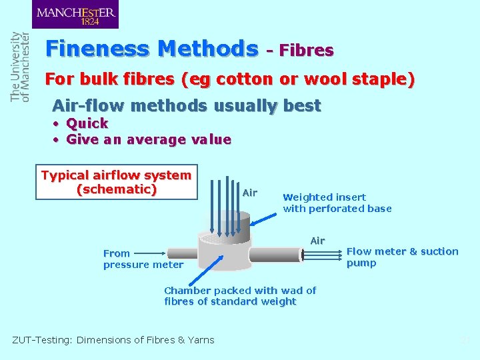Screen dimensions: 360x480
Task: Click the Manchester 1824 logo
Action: tap(75, 15)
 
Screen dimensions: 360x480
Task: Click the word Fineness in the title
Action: tap(99, 49)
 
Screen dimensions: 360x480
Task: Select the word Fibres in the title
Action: tap(306, 50)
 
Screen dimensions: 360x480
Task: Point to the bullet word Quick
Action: tap(87, 123)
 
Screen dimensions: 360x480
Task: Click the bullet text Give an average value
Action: tap(149, 140)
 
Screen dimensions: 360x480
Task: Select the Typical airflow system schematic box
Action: tap(117, 182)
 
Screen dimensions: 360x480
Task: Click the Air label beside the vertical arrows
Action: tap(250, 193)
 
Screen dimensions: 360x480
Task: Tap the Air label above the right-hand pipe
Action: tap(317, 241)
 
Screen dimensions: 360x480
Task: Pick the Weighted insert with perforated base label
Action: tap(337, 203)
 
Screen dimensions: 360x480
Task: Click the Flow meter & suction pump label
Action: tap(402, 257)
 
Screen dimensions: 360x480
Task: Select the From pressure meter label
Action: tap(143, 259)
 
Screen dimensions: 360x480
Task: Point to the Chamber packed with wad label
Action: tap(240, 296)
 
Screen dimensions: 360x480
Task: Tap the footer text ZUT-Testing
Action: tap(113, 340)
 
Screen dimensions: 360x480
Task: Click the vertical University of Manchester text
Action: tap(20, 67)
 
